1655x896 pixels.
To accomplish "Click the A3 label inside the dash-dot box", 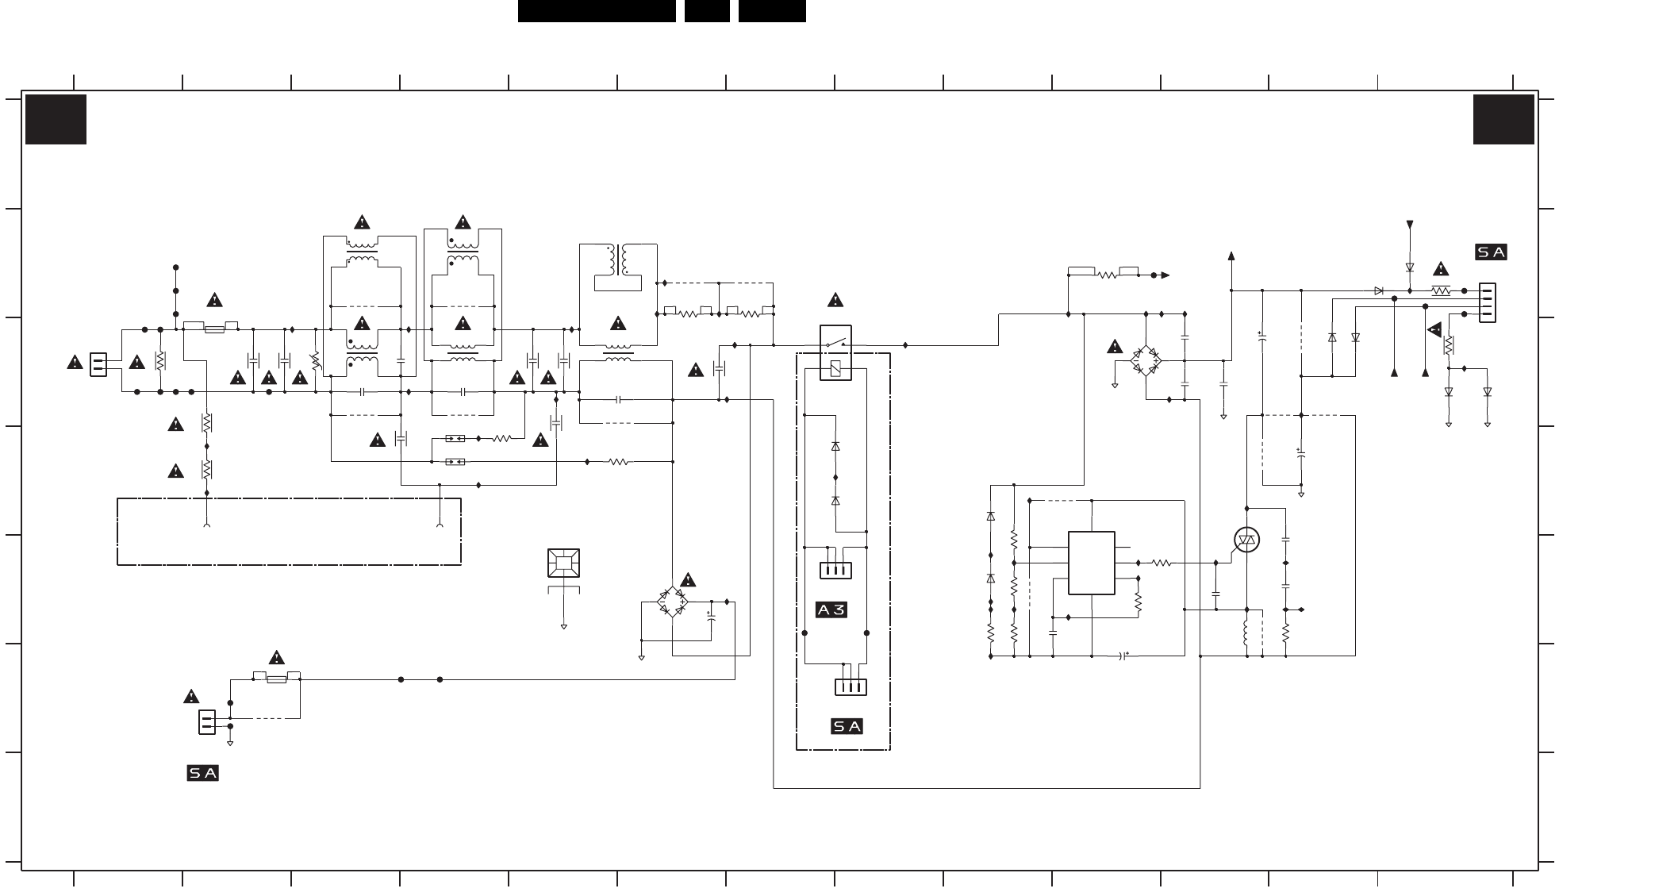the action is (x=831, y=610).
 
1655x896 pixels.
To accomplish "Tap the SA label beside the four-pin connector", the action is (x=1491, y=252).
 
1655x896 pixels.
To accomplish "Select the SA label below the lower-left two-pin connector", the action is (x=202, y=773).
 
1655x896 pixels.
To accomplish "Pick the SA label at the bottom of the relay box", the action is (x=847, y=726).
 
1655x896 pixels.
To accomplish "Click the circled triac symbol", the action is (x=1246, y=540).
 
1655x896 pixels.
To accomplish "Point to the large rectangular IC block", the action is (x=1092, y=563).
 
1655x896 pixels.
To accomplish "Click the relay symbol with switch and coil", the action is (x=835, y=352).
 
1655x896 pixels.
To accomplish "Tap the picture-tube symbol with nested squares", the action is (x=563, y=563).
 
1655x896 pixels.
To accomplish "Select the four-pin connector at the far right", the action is (x=1488, y=303).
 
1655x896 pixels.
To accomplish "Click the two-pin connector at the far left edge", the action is (x=98, y=364).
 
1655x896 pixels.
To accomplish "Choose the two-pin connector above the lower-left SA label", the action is (x=206, y=722).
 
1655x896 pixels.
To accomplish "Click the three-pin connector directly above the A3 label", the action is (x=835, y=571).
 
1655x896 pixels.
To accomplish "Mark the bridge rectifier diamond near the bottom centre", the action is (x=674, y=602).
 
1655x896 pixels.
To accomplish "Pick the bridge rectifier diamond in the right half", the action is (x=1146, y=360).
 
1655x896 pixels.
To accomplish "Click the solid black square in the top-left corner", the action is (x=56, y=120).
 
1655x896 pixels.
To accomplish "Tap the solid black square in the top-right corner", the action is (x=1503, y=120).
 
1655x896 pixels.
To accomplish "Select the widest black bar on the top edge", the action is (x=597, y=11).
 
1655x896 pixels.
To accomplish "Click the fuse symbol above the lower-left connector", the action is (x=276, y=679).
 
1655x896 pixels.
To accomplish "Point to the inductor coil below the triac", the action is (x=1246, y=633).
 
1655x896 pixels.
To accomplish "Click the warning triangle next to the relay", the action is (x=835, y=300).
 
